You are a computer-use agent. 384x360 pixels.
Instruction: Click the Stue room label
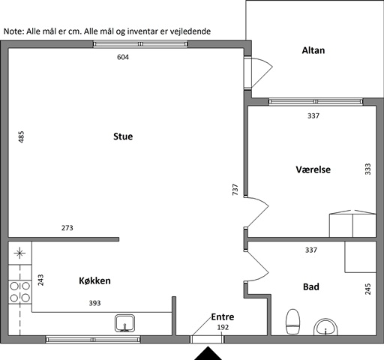[x=123, y=136]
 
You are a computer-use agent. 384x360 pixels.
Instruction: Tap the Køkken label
[x=94, y=280]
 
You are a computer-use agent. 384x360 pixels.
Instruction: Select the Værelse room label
[x=313, y=169]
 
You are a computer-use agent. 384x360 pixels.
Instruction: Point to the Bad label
[x=311, y=286]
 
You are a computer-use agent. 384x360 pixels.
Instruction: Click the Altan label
[x=313, y=50]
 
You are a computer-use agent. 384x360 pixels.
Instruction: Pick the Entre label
[x=223, y=317]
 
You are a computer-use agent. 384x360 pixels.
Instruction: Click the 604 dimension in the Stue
[x=123, y=57]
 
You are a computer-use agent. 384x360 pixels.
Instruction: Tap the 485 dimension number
[x=21, y=137]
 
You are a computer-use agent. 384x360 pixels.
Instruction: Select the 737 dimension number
[x=235, y=190]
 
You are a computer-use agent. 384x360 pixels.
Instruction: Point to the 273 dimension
[x=67, y=228]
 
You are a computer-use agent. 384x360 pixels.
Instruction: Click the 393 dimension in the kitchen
[x=94, y=303]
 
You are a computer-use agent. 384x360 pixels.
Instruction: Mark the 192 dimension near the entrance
[x=223, y=328]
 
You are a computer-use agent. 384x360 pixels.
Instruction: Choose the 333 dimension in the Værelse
[x=367, y=169]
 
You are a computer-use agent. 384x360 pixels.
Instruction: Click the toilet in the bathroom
[x=292, y=322]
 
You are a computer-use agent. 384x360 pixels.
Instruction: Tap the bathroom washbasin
[x=325, y=327]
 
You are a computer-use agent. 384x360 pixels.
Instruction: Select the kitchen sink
[x=124, y=323]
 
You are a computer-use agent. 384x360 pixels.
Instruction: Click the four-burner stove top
[x=20, y=292]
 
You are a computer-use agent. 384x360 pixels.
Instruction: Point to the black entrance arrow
[x=208, y=353]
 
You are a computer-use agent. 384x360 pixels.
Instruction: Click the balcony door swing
[x=262, y=73]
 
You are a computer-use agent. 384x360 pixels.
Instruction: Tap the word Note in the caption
[x=13, y=31]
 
